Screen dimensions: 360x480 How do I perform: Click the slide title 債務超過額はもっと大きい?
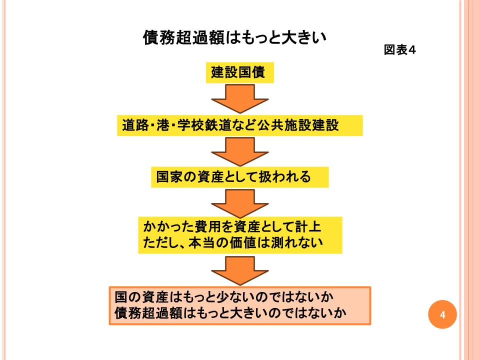[234, 38]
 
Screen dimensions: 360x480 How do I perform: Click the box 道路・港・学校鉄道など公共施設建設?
[240, 125]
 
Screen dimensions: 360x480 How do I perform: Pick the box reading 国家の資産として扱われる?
[239, 177]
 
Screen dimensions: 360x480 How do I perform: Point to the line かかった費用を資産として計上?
[232, 227]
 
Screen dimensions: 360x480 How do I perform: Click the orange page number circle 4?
[442, 314]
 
